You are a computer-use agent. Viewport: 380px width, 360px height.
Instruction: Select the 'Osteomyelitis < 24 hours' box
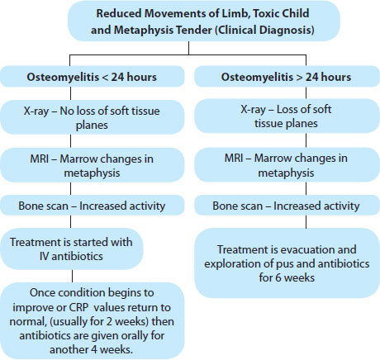(92, 77)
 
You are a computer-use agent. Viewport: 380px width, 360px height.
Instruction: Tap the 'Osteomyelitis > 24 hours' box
(287, 77)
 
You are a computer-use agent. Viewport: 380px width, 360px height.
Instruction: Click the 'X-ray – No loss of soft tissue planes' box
(92, 117)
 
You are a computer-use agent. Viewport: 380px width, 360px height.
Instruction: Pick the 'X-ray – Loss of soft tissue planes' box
(287, 116)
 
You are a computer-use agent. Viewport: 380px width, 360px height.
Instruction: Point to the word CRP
(78, 307)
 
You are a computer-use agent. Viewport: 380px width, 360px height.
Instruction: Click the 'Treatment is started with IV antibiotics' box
(72, 249)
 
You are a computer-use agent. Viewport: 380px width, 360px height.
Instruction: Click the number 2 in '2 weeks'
(109, 321)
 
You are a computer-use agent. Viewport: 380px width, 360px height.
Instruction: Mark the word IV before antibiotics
(44, 256)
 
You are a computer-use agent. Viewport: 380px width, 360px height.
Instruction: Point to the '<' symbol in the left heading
(105, 77)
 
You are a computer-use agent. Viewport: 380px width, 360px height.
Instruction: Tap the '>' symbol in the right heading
(299, 77)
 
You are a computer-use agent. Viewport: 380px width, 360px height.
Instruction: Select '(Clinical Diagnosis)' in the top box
(264, 30)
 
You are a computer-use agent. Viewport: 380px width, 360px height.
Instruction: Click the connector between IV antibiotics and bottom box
(72, 276)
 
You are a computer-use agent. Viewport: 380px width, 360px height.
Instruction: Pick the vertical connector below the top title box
(188, 48)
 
